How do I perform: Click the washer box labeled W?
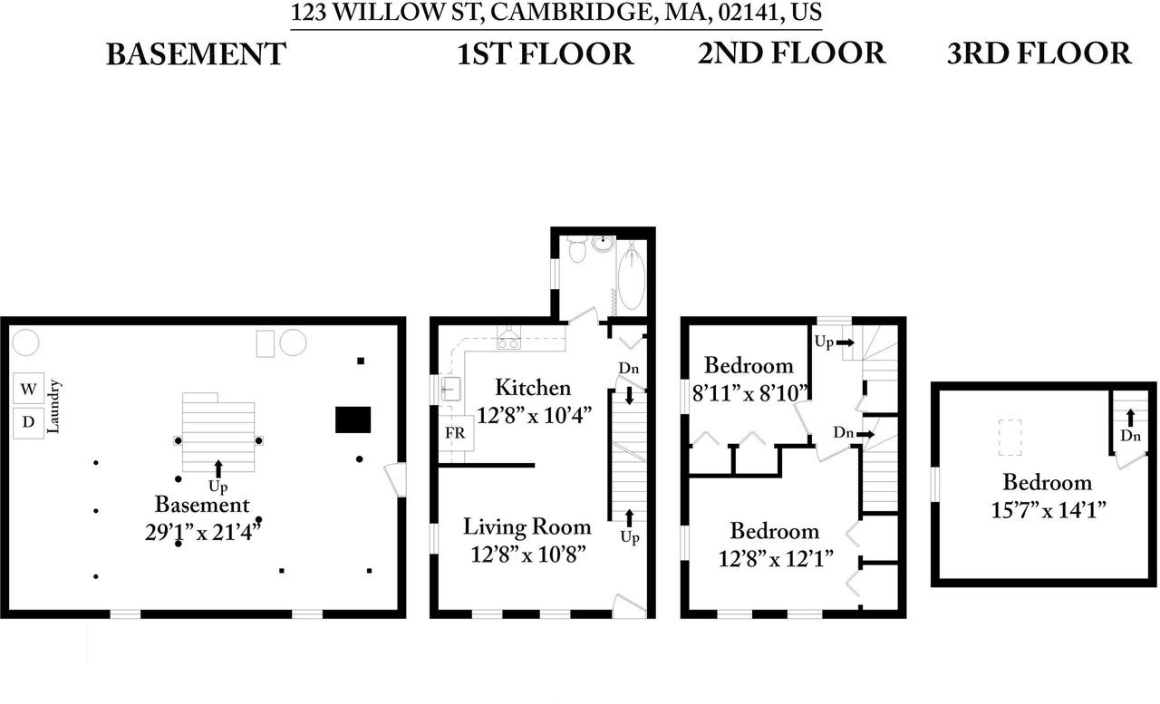(29, 390)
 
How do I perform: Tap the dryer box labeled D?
(29, 422)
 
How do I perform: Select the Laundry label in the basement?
(53, 407)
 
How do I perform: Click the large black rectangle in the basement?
(353, 420)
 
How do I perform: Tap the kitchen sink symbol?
(450, 390)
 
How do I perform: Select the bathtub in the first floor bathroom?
(631, 267)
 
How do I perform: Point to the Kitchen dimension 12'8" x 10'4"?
(533, 415)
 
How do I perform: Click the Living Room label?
(527, 526)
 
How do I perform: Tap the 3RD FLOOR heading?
(1039, 53)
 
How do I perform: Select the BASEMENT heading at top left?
(195, 54)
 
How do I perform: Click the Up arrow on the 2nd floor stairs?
(845, 342)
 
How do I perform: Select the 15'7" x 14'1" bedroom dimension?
(1050, 509)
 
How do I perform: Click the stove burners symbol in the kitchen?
(508, 342)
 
